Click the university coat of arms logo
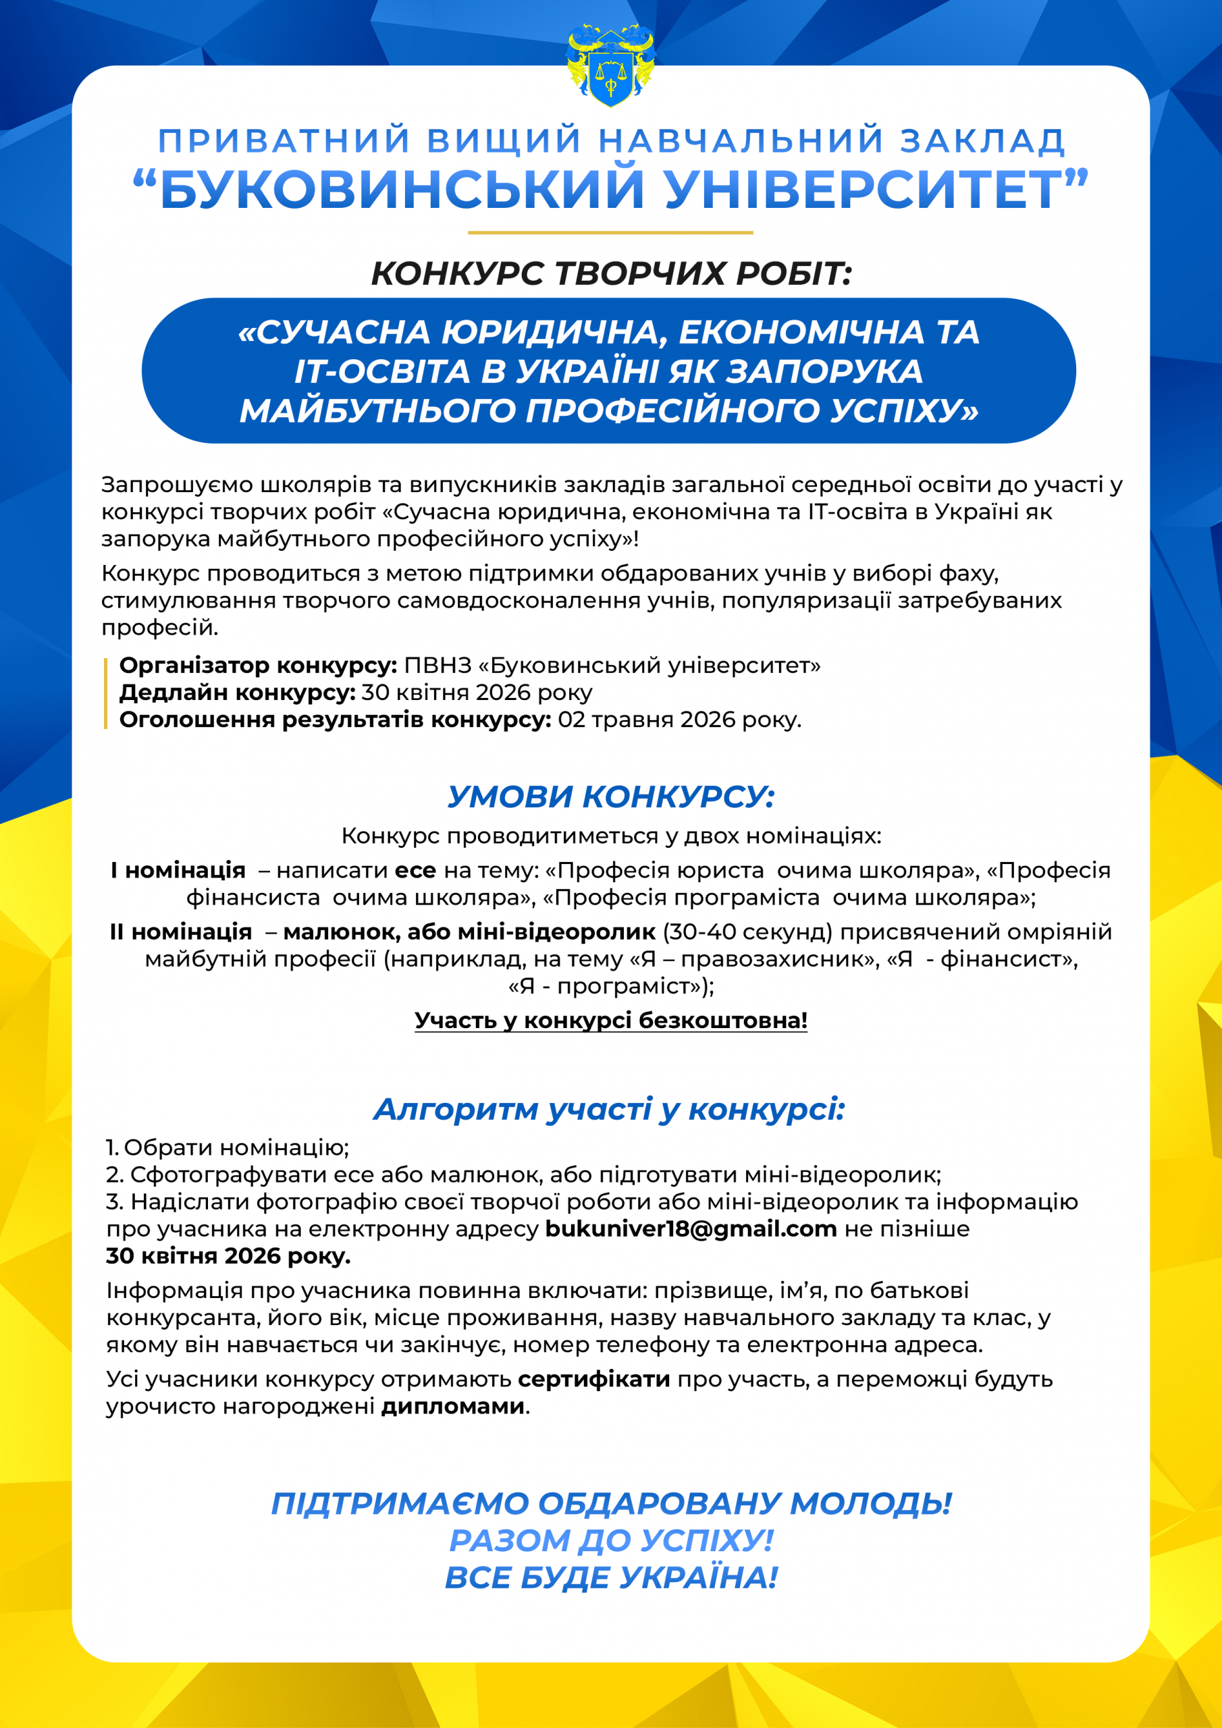click(610, 65)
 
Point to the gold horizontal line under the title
click(610, 233)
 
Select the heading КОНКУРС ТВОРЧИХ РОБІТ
click(610, 274)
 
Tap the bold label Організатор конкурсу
click(257, 666)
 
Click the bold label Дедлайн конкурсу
click(237, 693)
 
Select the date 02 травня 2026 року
click(679, 720)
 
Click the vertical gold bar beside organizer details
click(106, 693)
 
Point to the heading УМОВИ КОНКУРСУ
click(610, 797)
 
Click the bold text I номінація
click(178, 871)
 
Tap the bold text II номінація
click(181, 932)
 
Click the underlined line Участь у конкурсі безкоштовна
click(610, 1021)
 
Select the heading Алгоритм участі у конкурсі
click(610, 1109)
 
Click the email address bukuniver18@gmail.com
click(691, 1229)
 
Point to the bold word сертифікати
click(594, 1380)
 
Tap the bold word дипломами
click(452, 1407)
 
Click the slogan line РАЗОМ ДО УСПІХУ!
click(610, 1540)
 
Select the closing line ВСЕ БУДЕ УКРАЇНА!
click(610, 1577)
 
